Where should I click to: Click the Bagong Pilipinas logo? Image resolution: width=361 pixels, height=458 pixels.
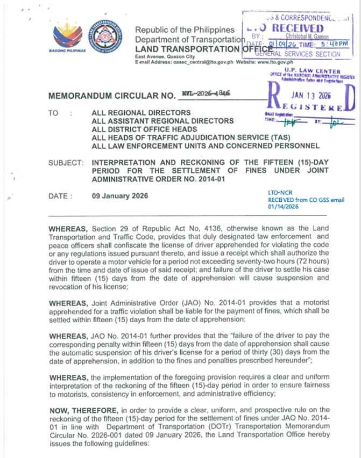point(68,39)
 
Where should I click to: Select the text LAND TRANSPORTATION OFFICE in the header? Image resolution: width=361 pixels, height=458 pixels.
point(189,49)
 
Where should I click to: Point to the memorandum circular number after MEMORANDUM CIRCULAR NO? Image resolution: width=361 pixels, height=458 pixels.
point(209,93)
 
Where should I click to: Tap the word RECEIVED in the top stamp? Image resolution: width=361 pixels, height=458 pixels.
point(298,28)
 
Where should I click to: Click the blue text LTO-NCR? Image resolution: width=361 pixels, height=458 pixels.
point(279,192)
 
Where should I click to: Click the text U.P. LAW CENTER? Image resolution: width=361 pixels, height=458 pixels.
point(320,71)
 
